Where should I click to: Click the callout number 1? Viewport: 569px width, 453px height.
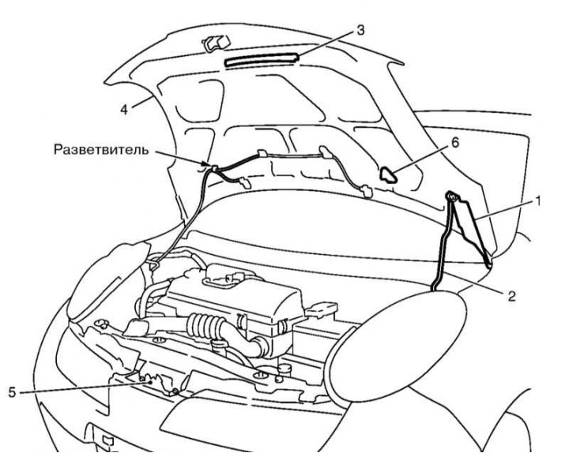(x=538, y=202)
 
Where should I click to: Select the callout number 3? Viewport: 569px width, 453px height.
(x=360, y=32)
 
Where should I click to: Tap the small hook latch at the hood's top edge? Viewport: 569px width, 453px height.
(x=213, y=43)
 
